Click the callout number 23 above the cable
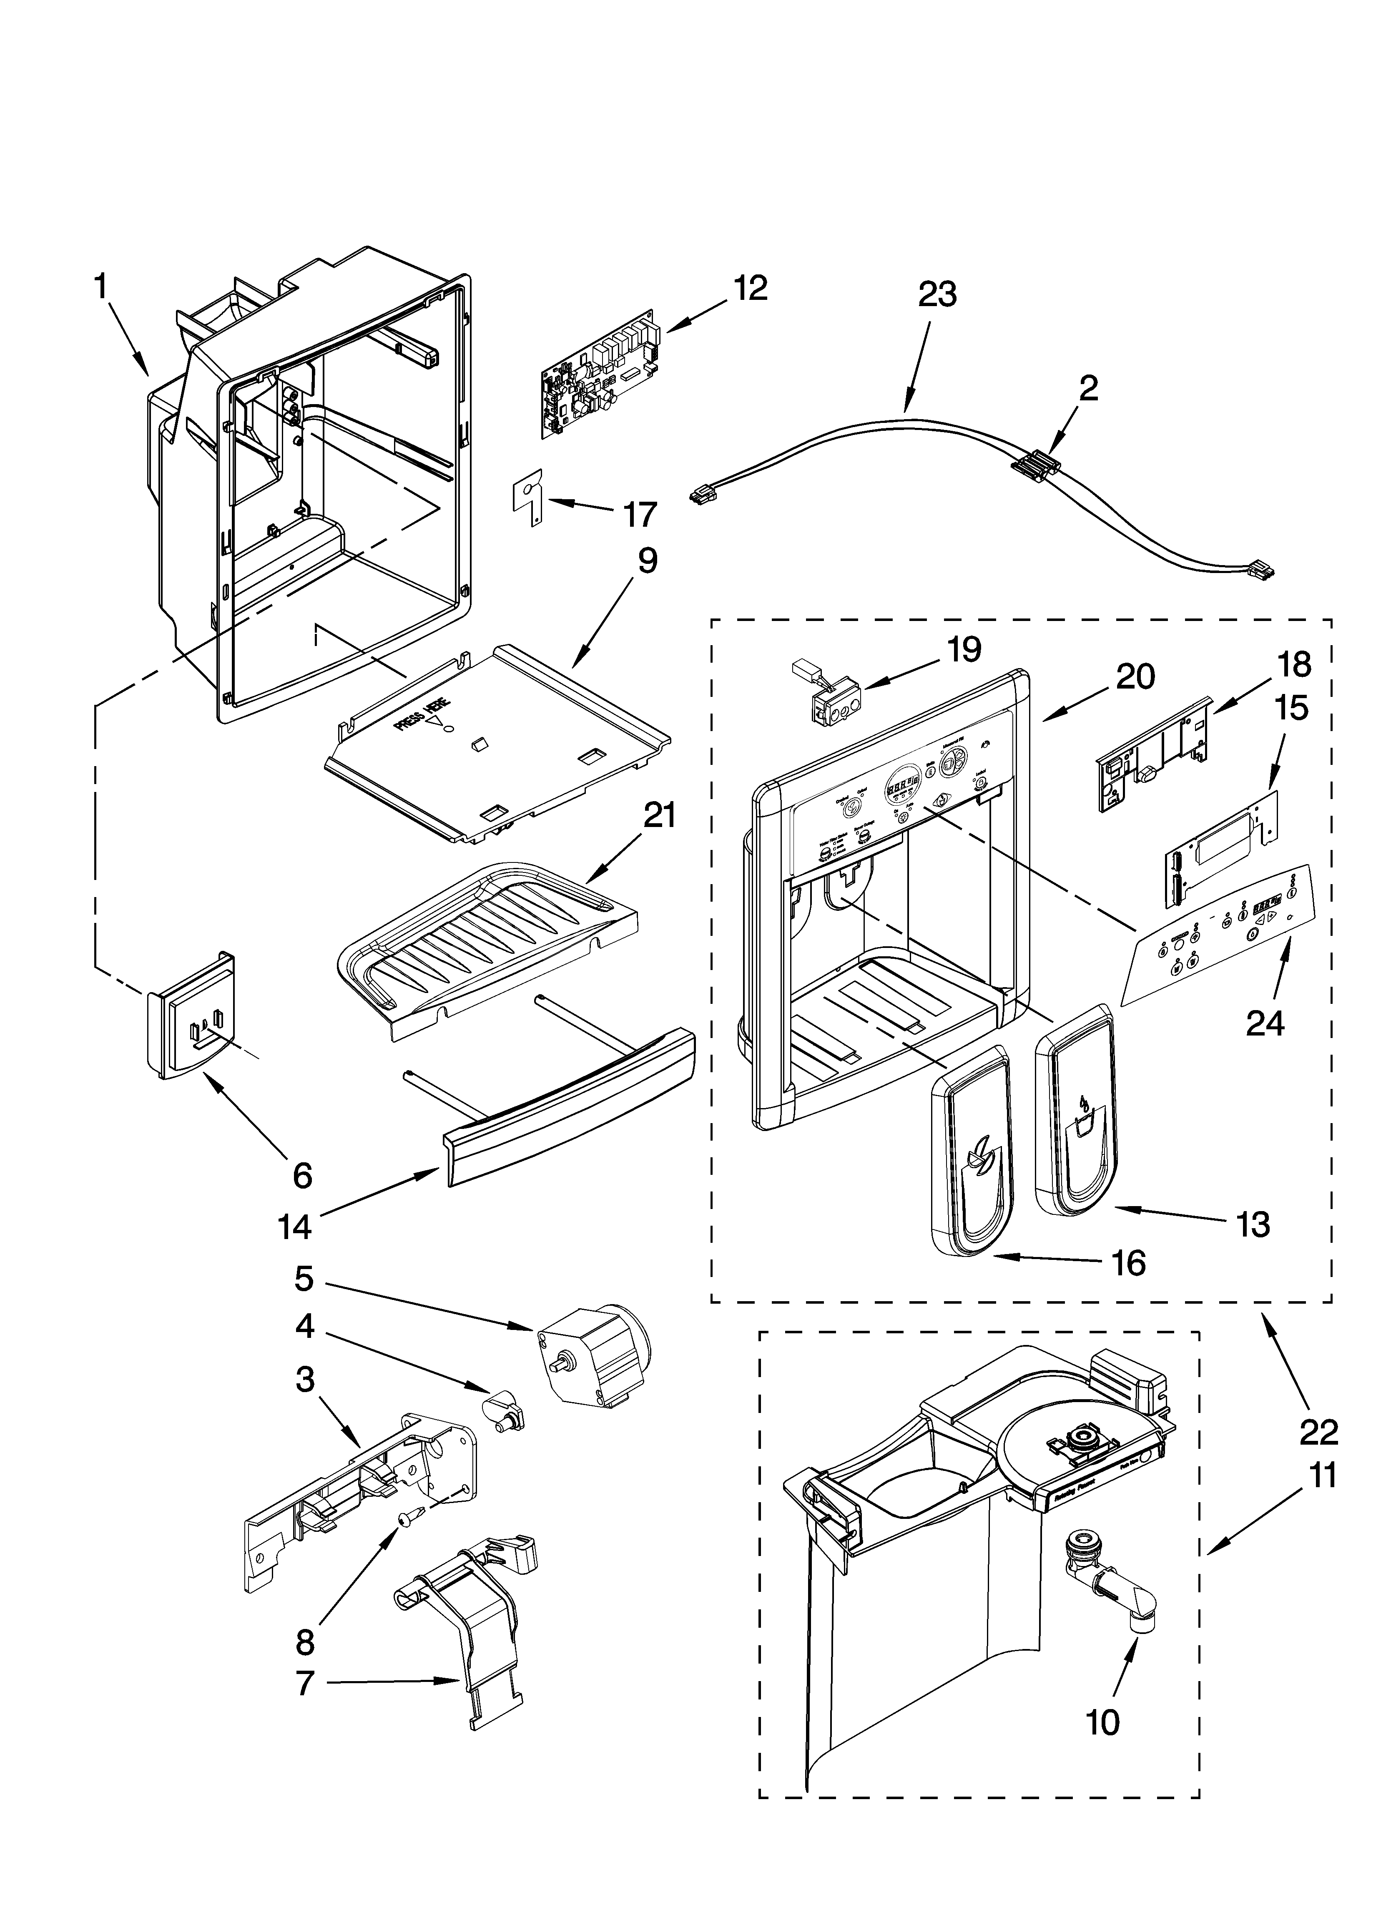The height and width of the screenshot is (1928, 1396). pyautogui.click(x=937, y=295)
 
